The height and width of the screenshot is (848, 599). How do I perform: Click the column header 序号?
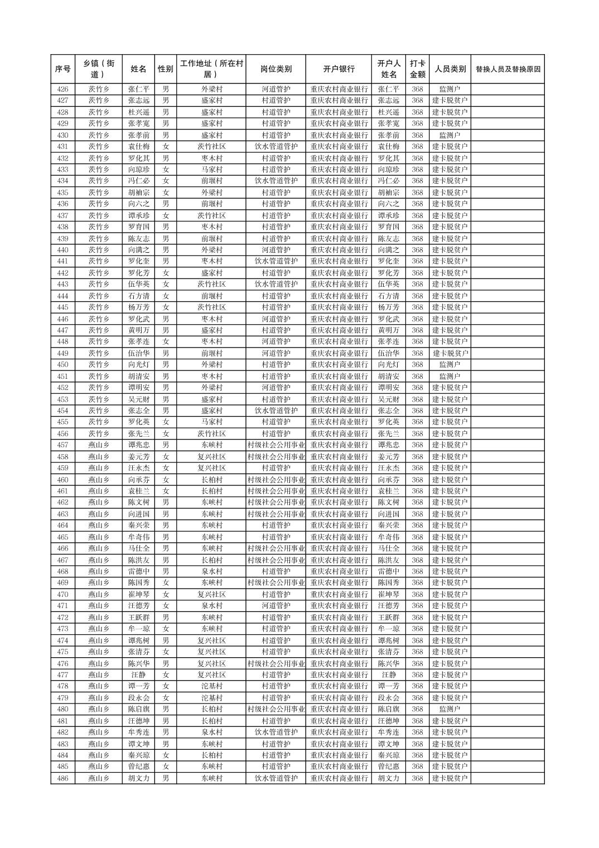tap(62, 69)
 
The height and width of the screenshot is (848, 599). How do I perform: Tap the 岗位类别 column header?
tap(276, 69)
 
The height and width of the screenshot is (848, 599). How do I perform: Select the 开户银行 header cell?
tap(339, 69)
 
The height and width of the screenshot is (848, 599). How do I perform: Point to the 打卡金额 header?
tap(417, 69)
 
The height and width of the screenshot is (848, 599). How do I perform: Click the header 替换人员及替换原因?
tap(508, 69)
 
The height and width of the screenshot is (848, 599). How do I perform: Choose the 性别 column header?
tap(165, 69)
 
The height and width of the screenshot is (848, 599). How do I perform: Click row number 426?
tap(62, 89)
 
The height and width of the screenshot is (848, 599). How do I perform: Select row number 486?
tap(62, 778)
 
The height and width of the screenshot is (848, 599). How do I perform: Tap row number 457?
tap(62, 445)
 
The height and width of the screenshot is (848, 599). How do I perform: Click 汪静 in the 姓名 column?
tap(138, 675)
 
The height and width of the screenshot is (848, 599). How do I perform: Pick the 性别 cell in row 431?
tap(165, 147)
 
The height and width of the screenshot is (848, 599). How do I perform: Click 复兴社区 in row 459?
tap(211, 468)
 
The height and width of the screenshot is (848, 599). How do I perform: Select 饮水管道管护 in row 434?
tap(276, 181)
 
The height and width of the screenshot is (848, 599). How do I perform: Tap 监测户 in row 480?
tap(450, 709)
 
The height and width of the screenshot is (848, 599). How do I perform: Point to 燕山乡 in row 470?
tap(99, 595)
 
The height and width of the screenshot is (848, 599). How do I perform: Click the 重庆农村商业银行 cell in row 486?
tap(339, 778)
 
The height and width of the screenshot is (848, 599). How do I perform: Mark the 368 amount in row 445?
tap(417, 307)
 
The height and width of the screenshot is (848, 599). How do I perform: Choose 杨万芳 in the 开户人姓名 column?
tap(388, 307)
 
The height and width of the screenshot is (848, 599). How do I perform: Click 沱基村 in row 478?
tap(211, 686)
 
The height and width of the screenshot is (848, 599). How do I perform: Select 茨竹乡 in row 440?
tap(99, 250)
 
